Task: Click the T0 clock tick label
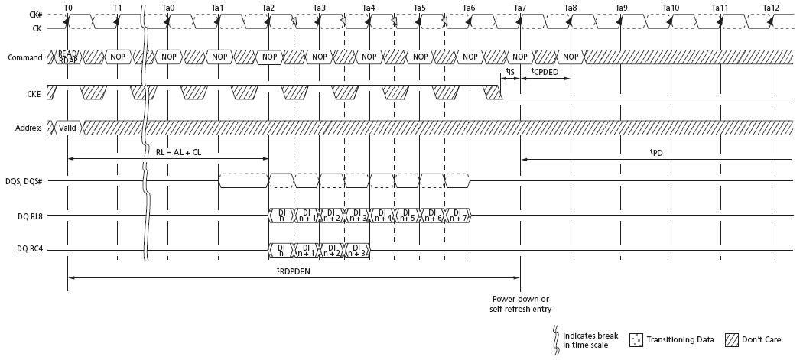68,8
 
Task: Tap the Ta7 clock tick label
520,8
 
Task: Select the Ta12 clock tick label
771,8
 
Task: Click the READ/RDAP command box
69,57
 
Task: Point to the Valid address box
67,128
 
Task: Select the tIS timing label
510,71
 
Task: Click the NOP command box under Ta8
569,57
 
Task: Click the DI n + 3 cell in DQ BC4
357,249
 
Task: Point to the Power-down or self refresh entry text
521,303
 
